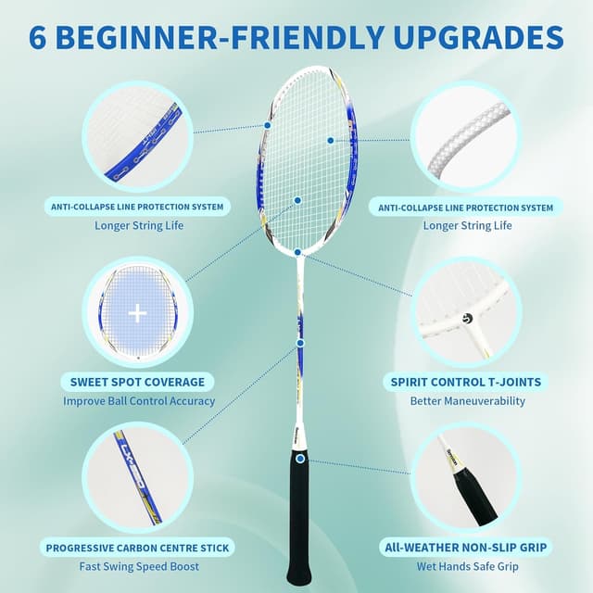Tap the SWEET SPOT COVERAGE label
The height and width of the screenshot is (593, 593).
[137, 382]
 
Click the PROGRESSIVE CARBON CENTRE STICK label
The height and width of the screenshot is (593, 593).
[137, 548]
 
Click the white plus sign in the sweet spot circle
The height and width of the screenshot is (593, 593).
[137, 313]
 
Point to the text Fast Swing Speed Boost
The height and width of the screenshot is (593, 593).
[137, 567]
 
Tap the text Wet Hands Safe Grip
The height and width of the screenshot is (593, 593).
[467, 567]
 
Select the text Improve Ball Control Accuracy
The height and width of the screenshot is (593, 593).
[139, 401]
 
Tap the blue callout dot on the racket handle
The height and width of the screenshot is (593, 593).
[300, 458]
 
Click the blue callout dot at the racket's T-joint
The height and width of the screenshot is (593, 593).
[297, 252]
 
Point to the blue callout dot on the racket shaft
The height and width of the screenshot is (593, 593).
[300, 343]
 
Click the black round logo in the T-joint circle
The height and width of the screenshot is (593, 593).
[467, 319]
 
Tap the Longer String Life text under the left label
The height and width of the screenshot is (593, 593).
[137, 225]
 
